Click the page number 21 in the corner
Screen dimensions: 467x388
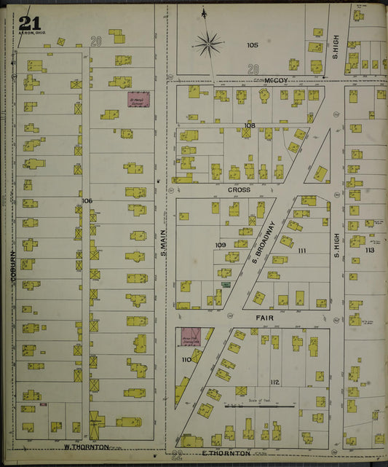click(x=30, y=22)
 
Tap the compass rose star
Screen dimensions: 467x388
click(x=208, y=44)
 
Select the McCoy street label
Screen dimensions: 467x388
click(x=276, y=79)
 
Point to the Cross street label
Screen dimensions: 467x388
click(x=239, y=189)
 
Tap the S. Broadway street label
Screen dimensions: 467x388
click(x=262, y=242)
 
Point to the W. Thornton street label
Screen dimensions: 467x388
click(x=86, y=447)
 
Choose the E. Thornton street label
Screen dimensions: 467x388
click(x=226, y=452)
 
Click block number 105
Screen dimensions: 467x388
click(x=252, y=45)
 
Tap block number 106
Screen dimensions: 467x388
click(x=87, y=200)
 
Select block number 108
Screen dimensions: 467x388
click(x=250, y=125)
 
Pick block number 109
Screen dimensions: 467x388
click(x=221, y=245)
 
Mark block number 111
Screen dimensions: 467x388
click(x=302, y=251)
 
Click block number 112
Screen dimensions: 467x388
click(x=274, y=382)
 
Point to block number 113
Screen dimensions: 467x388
click(x=370, y=250)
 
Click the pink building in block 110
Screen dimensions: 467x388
click(x=191, y=337)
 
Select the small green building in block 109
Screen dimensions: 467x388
click(x=226, y=285)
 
